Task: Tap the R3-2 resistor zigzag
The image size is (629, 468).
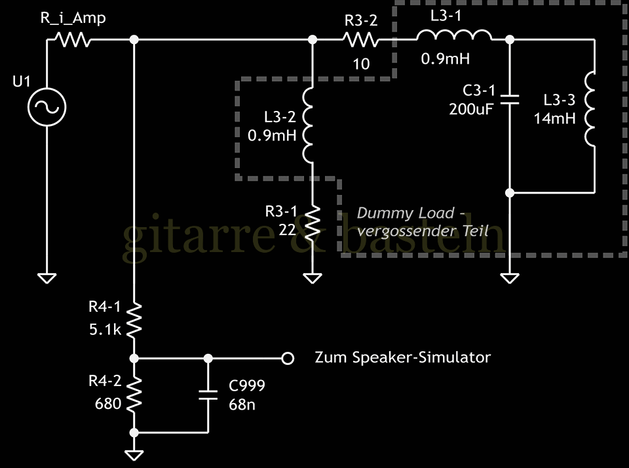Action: point(360,41)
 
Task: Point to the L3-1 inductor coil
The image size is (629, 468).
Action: point(453,37)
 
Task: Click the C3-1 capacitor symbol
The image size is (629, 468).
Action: point(510,100)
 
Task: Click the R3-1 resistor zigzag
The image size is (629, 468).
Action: point(312,222)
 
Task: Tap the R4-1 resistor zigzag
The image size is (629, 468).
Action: point(134,319)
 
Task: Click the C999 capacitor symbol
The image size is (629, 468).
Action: point(208,395)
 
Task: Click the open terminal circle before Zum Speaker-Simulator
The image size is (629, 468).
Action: point(286,358)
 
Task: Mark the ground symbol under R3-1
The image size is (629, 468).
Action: point(312,278)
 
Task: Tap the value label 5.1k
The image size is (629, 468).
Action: point(105,329)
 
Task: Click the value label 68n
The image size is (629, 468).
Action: point(242,404)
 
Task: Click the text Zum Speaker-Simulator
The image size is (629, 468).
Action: point(402,358)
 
